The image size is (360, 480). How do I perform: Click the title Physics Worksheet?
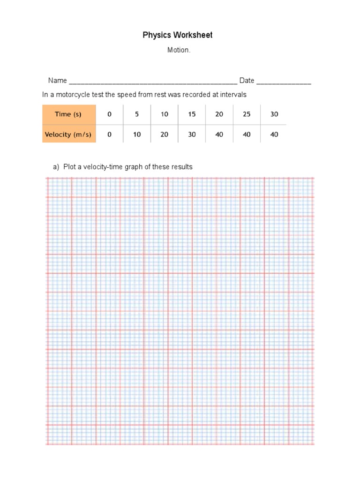coord(178,35)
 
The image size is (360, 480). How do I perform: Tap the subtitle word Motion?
coord(179,50)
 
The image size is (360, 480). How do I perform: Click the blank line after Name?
coord(153,82)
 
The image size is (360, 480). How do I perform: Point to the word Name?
coord(58,81)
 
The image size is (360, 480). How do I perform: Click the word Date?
coord(247,81)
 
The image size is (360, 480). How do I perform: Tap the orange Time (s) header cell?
coord(68,114)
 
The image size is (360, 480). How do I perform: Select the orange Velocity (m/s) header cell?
coord(68,135)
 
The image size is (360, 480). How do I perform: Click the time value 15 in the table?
coord(192,114)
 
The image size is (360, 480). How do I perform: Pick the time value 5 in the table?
coord(137,114)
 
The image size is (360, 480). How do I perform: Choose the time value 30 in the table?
coord(274,114)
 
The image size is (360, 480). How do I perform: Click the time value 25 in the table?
coord(247,114)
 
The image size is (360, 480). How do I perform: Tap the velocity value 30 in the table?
coord(192,135)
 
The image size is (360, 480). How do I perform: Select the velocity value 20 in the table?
coord(164,135)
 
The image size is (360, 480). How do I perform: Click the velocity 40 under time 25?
coord(247,135)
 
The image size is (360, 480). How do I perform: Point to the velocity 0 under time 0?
coord(109,135)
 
